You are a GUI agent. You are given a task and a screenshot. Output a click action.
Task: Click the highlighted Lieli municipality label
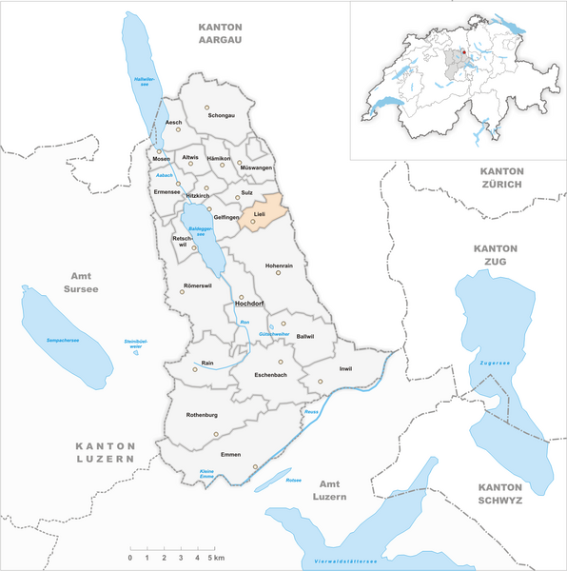tap(259, 216)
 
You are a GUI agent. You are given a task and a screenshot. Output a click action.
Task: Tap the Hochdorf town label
tap(248, 305)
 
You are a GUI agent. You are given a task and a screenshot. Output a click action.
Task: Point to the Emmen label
tap(230, 456)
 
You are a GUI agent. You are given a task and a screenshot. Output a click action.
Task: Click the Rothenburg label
tap(205, 414)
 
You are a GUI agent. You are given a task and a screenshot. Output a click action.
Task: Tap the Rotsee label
tap(294, 480)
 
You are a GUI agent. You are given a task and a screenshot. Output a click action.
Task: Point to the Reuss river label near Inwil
tap(311, 411)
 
